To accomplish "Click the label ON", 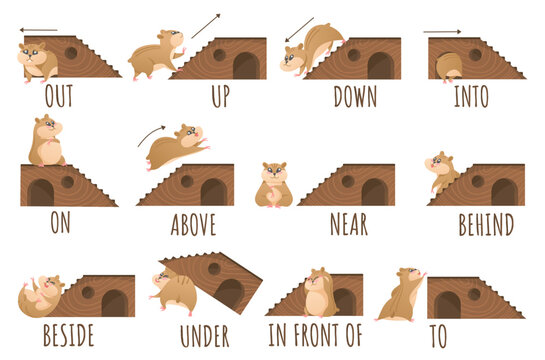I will [x=59, y=223].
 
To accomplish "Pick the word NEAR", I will [x=349, y=223].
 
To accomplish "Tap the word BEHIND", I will [x=485, y=223].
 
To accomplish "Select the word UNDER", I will [x=204, y=335].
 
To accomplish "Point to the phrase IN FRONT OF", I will [x=316, y=335].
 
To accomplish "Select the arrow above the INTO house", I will [x=443, y=32].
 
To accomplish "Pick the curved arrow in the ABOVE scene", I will [x=152, y=134].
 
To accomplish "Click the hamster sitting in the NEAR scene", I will [x=273, y=185].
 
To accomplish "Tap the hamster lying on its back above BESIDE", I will [x=41, y=295].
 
